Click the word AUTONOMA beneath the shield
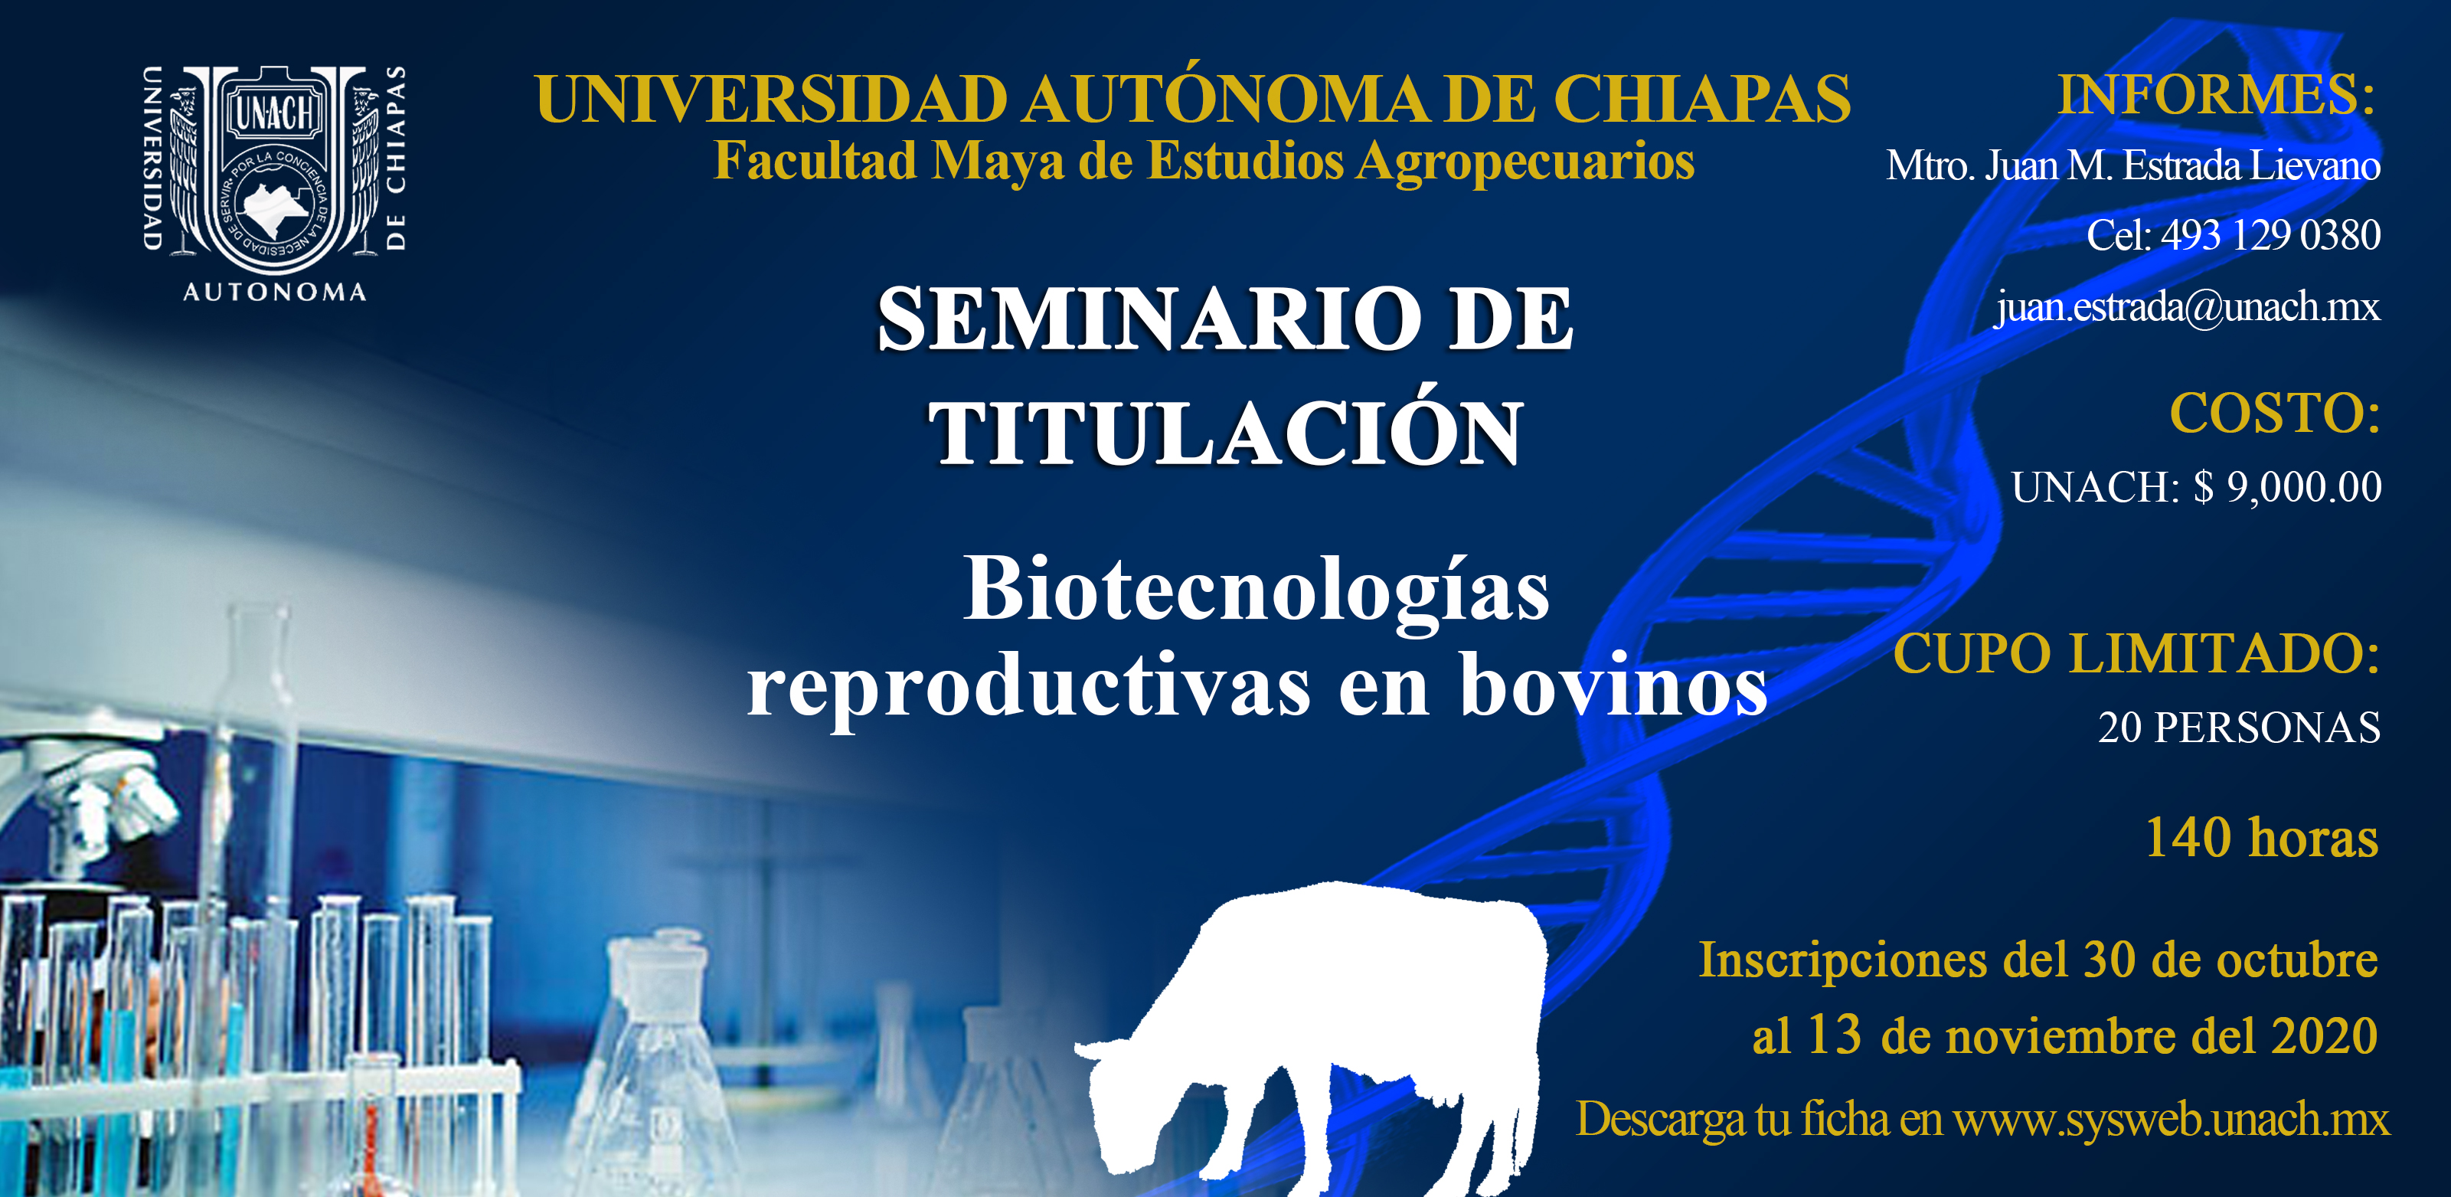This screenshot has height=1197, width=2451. click(274, 292)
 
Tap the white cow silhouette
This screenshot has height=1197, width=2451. click(1311, 1037)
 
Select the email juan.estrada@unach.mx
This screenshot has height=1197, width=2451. click(2188, 306)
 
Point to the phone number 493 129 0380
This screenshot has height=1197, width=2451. click(2270, 235)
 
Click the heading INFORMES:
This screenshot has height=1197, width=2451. click(2216, 94)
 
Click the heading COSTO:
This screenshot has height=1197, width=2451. click(2275, 413)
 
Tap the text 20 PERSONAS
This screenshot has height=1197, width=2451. click(2239, 727)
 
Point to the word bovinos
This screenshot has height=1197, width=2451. click(1613, 685)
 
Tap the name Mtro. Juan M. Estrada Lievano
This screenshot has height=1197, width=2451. click(2133, 165)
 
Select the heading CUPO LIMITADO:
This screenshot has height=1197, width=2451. click(2137, 654)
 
